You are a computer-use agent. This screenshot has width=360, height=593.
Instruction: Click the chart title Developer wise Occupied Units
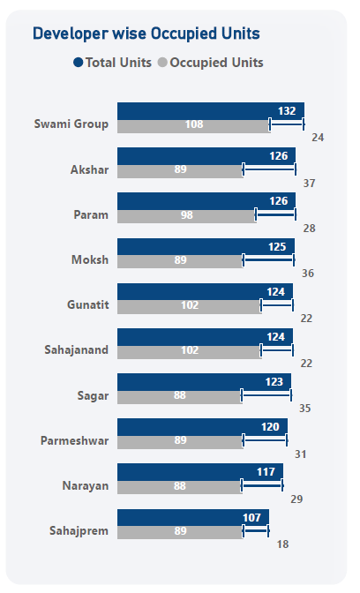click(146, 34)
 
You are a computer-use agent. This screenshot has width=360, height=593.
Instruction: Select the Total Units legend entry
click(112, 63)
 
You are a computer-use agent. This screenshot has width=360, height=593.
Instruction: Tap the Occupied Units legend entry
click(211, 63)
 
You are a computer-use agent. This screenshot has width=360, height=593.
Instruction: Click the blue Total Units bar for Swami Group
click(211, 111)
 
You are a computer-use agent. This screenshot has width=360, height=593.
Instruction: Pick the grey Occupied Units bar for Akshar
click(180, 171)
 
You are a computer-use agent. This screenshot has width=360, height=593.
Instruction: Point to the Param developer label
click(91, 214)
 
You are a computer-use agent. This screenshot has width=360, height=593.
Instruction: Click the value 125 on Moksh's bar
click(277, 246)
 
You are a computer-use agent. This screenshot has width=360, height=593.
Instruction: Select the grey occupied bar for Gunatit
click(189, 307)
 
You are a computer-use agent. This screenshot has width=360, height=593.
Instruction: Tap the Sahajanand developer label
click(77, 349)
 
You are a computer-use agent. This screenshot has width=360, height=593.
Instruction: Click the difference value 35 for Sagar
click(304, 409)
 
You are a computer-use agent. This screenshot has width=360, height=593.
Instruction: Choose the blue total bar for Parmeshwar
click(202, 427)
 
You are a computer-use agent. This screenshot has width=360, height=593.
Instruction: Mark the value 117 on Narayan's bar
click(266, 471)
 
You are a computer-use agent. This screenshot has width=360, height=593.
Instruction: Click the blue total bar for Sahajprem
click(193, 517)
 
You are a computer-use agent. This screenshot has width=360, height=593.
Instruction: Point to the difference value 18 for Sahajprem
click(283, 544)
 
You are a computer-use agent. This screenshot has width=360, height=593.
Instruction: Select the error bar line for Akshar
click(269, 169)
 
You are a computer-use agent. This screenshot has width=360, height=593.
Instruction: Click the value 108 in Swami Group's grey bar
click(194, 124)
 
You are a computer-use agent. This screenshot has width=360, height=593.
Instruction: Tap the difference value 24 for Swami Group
click(318, 138)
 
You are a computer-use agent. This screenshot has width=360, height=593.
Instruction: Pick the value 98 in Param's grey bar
click(187, 214)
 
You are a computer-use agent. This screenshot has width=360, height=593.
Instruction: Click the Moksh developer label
click(90, 259)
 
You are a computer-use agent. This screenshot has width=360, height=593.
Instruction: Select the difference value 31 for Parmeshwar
click(301, 454)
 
